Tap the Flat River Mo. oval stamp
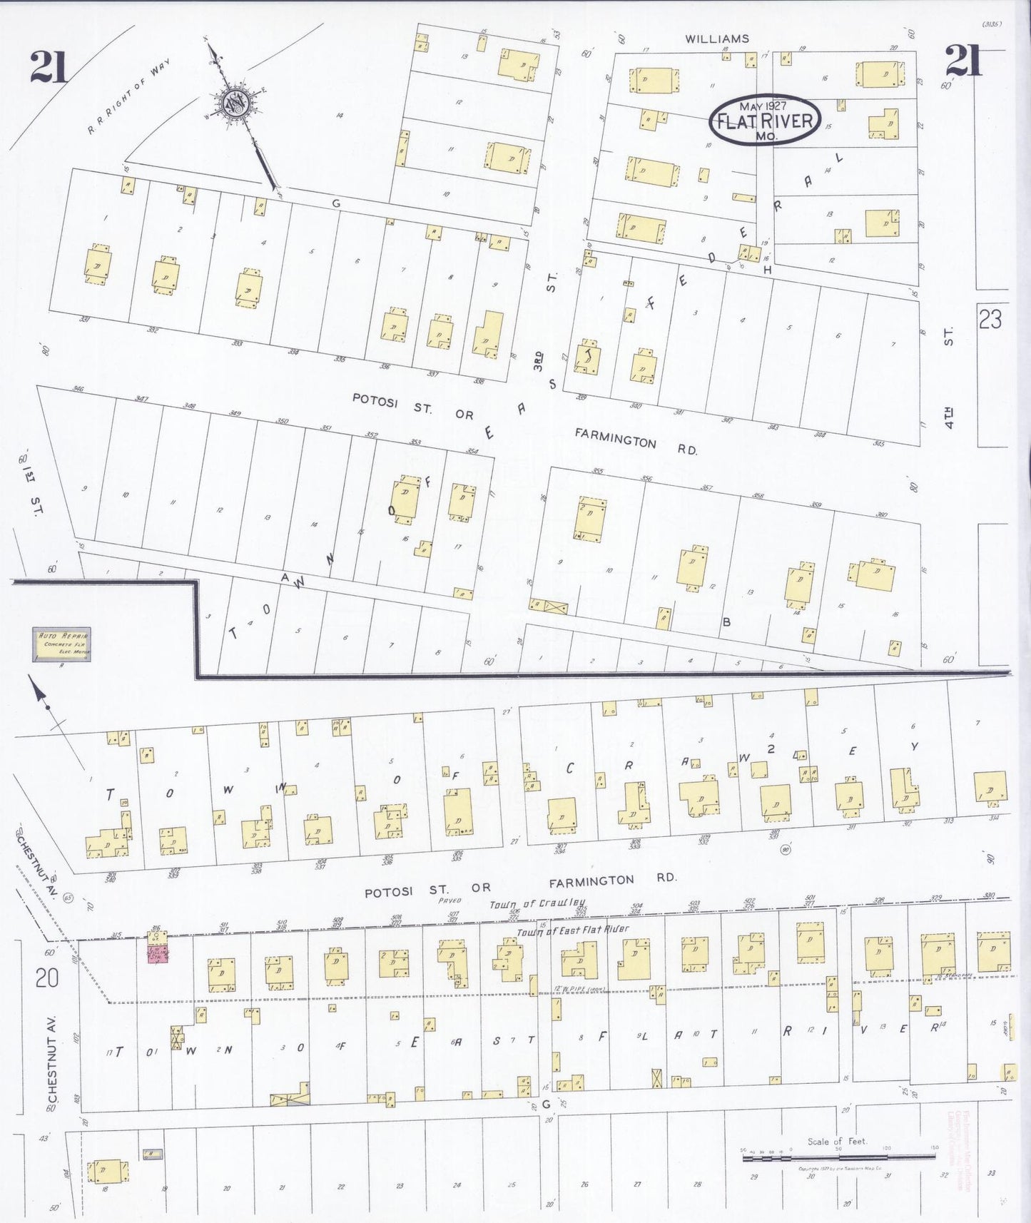tap(765, 119)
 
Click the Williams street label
tap(717, 39)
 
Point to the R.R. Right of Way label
tap(128, 97)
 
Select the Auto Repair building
tap(62, 644)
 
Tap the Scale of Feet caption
tap(837, 1141)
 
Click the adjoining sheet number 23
tap(990, 319)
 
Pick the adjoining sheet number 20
tap(46, 978)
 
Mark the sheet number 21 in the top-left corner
tap(48, 66)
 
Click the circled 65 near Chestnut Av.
tap(68, 898)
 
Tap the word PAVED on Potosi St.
tap(450, 900)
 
